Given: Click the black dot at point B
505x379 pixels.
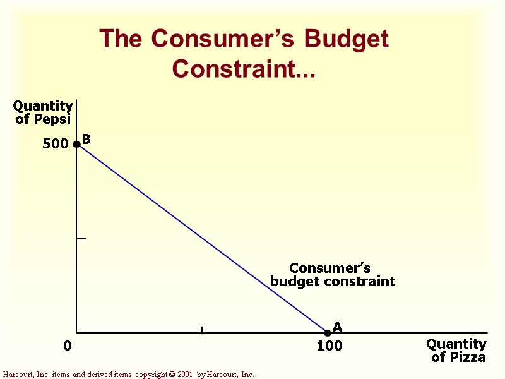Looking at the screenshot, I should [x=77, y=144].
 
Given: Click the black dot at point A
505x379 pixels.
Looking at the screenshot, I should [x=328, y=333].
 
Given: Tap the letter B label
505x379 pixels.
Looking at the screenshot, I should [x=86, y=139].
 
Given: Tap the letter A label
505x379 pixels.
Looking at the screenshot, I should [x=337, y=327].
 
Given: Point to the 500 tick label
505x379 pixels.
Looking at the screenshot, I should [x=56, y=144].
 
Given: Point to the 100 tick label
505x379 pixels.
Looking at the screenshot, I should [x=329, y=346].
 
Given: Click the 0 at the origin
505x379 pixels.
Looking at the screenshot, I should [x=68, y=346].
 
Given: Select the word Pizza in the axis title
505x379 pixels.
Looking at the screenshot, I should [x=467, y=358].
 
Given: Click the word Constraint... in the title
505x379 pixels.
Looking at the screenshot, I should [x=244, y=68].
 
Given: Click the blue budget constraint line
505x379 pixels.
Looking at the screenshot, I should [x=202, y=238].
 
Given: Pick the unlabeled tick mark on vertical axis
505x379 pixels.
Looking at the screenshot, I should [x=81, y=239].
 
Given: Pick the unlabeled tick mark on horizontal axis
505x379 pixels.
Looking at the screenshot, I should [x=202, y=330].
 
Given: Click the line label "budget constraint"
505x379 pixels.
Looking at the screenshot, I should [x=333, y=281].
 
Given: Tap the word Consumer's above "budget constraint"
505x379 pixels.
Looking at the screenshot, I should [x=330, y=268].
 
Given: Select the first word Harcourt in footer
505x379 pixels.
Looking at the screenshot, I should [x=18, y=375].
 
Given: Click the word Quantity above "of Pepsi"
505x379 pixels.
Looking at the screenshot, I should [x=42, y=105].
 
